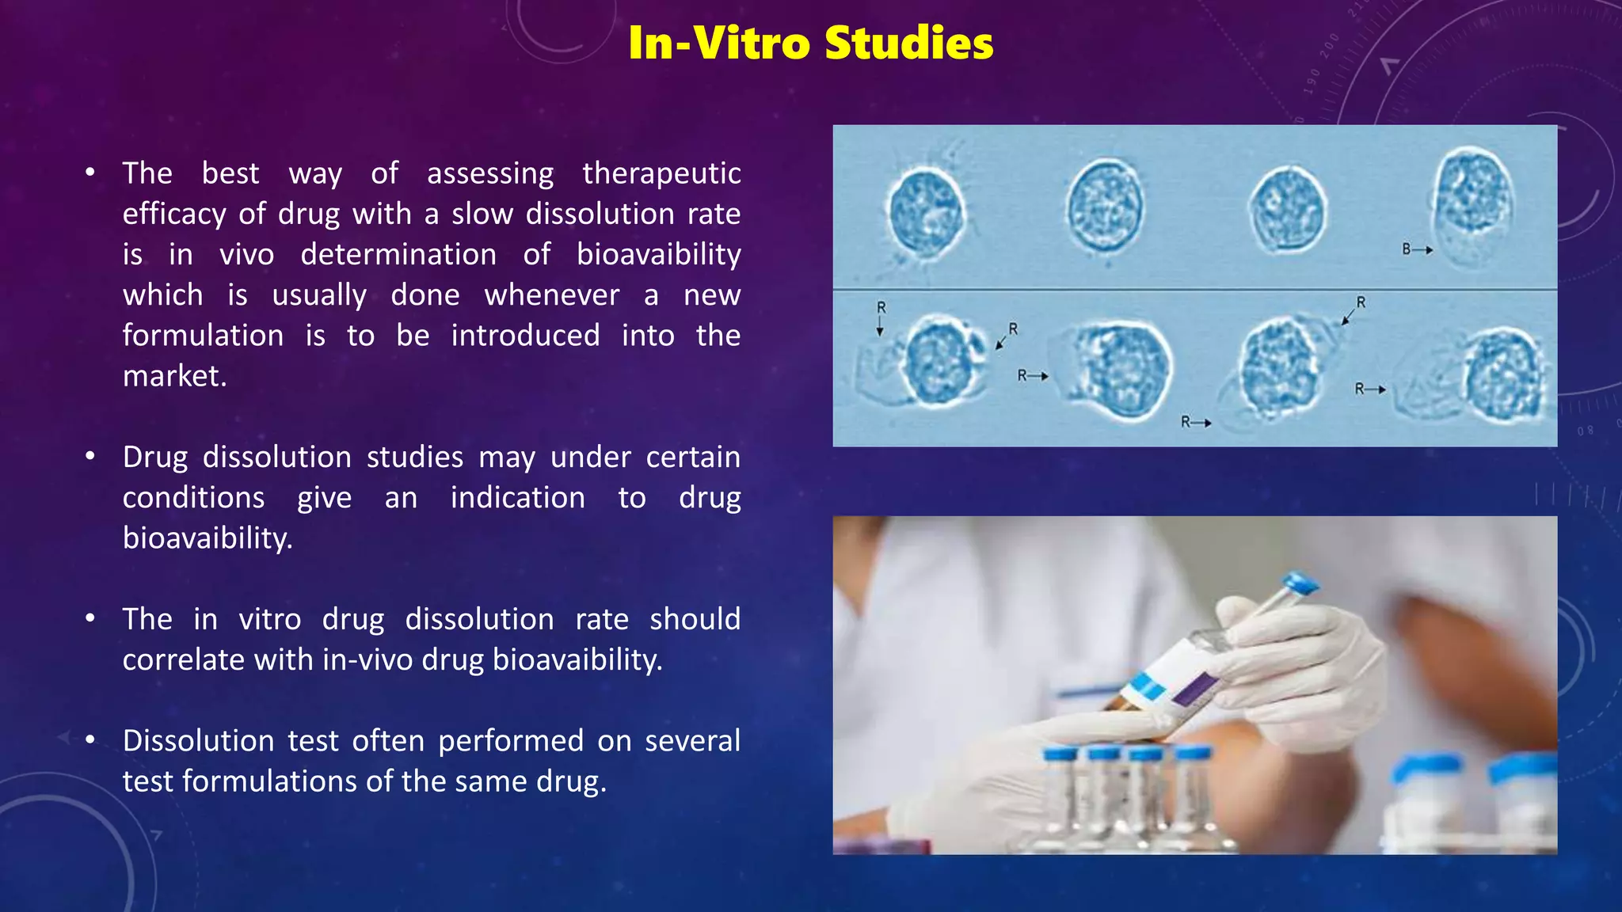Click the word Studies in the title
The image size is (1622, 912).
pos(908,43)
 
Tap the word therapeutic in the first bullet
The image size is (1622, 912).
pos(661,173)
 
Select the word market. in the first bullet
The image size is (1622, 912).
pos(174,376)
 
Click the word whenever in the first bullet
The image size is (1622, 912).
pos(551,295)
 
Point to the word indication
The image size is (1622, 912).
pos(517,498)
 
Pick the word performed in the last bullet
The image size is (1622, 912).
pos(511,741)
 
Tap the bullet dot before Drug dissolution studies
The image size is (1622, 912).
pos(90,456)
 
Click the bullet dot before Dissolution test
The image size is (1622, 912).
pos(90,739)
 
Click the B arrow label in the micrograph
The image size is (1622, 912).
pos(1416,249)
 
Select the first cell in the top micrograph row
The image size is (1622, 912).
pos(926,212)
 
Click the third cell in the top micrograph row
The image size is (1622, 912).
pos(1287,211)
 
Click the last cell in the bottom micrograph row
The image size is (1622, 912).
pos(1502,374)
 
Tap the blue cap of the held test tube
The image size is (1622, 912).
pos(1300,585)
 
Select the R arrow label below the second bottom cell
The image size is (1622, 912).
pos(1194,422)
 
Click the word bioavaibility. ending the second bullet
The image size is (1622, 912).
pos(208,538)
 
